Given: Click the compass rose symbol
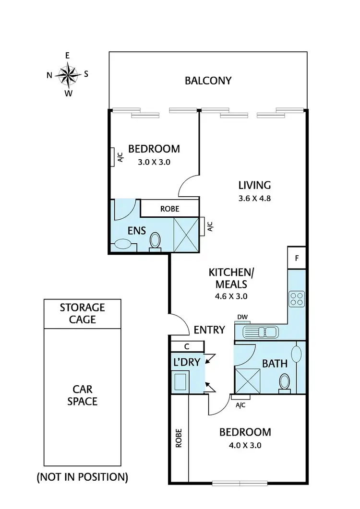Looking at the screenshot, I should pos(68,74).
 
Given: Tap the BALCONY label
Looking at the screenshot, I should pos(208,81).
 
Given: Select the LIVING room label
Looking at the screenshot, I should pos(255,185).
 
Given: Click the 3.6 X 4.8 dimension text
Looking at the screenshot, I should pos(255,198).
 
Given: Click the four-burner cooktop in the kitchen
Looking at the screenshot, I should pos(297,299).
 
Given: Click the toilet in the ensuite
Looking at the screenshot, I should pos(155,240).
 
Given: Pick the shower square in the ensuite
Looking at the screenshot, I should pos(185,234).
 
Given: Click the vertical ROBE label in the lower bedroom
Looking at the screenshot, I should pos(179,438).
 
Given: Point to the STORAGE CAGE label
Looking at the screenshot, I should pos(82,313).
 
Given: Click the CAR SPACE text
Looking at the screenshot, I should pos(82,395).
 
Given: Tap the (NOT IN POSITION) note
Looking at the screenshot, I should pos(82,477).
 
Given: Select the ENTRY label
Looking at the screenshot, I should pos(209,330).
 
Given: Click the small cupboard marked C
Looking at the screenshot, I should pos(187,346).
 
